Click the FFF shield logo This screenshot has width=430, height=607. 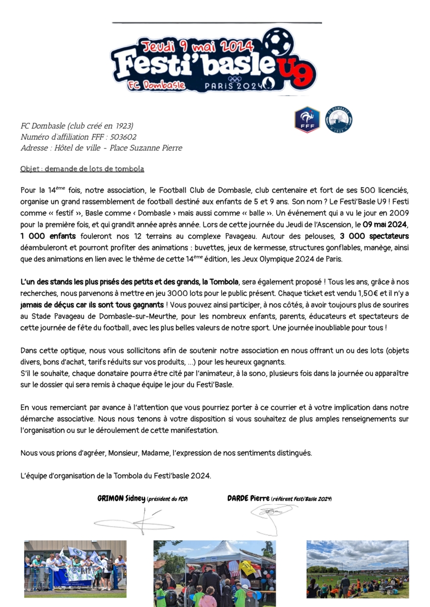pos(307,120)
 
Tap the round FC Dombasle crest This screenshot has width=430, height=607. pos(339,120)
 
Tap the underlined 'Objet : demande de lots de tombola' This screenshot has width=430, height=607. pos(82,168)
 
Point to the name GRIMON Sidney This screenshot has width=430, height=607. pos(121,499)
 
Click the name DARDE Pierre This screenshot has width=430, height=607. pos(248,499)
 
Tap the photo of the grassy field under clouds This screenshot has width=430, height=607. pos(357,569)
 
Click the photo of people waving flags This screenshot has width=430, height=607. pos(75,569)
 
